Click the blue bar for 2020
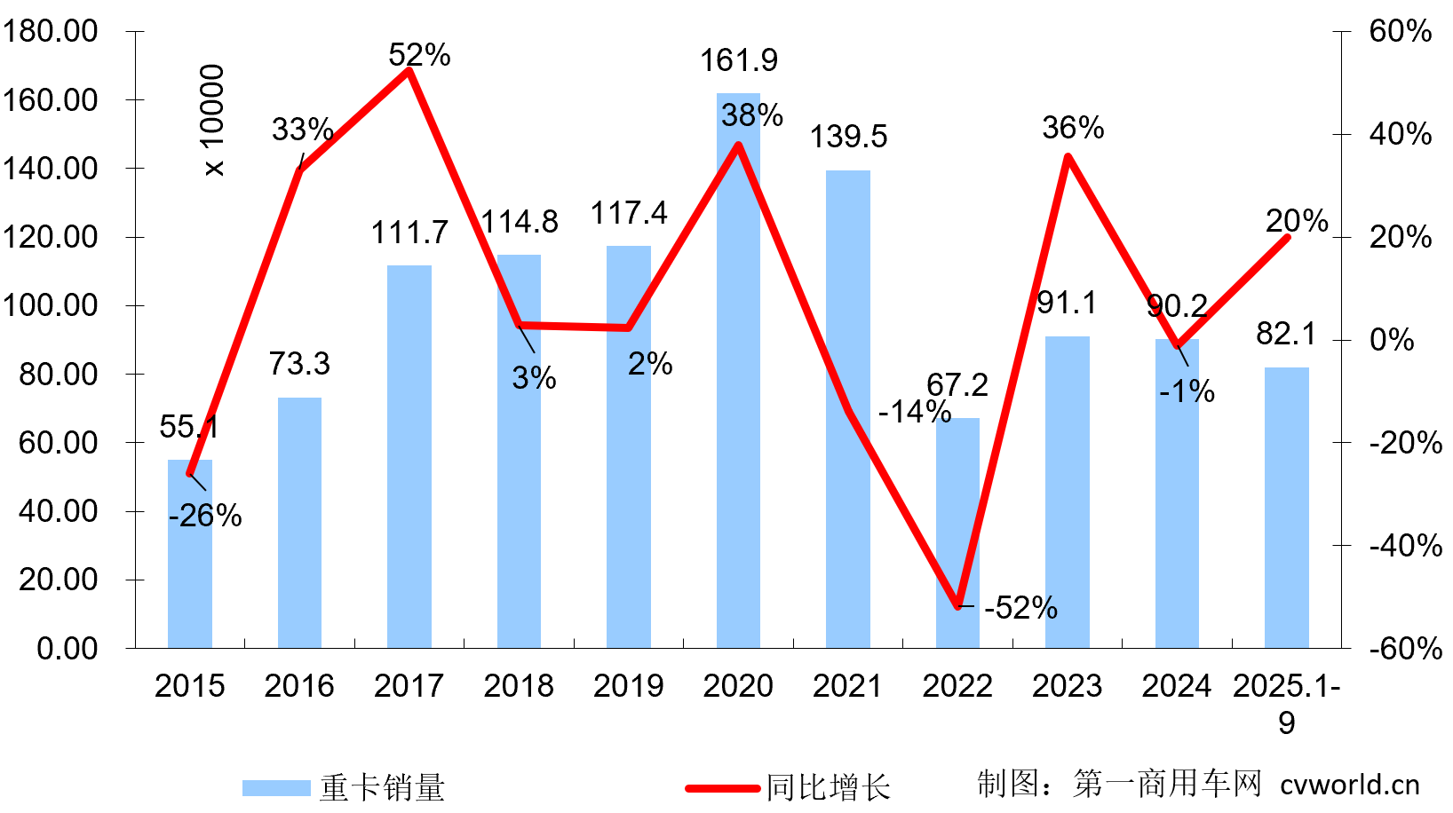[x=738, y=399]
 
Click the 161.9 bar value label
[x=738, y=60]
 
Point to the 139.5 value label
[x=848, y=137]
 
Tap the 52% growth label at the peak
[x=419, y=55]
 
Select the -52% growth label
[x=1020, y=608]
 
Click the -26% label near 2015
[x=205, y=516]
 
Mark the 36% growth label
[x=1073, y=128]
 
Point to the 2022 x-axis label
[x=957, y=686]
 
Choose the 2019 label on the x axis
[x=628, y=686]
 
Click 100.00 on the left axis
[x=51, y=305]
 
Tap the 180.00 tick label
[x=51, y=31]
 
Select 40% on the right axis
[x=1400, y=134]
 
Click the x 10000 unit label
[x=213, y=120]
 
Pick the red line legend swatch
[x=722, y=787]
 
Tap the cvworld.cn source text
[x=1349, y=785]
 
